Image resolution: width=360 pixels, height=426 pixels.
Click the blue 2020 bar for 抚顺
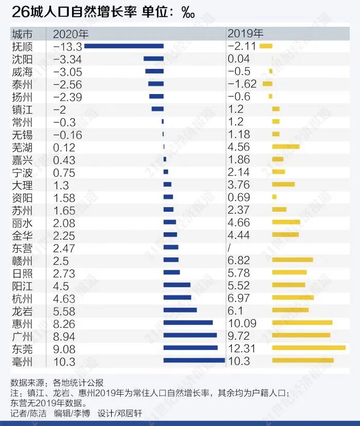(x=123, y=46)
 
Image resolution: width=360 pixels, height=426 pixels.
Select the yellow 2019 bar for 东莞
(x=309, y=348)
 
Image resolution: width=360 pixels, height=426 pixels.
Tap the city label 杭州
(x=22, y=299)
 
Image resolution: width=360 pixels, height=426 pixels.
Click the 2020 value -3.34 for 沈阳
(x=68, y=59)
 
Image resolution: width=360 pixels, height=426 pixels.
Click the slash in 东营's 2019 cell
(x=230, y=248)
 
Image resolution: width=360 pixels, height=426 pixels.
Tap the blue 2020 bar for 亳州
(x=194, y=361)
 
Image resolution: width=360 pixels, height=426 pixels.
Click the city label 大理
(x=22, y=185)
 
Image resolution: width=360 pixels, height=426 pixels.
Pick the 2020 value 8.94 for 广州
(x=64, y=336)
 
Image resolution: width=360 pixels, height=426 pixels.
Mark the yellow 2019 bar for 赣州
(x=292, y=260)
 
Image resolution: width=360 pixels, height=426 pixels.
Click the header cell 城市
(x=22, y=34)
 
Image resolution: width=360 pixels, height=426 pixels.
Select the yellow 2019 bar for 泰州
(x=267, y=84)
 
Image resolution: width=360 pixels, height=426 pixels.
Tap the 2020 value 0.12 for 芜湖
(x=64, y=147)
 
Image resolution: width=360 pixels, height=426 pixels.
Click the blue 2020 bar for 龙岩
(x=180, y=310)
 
